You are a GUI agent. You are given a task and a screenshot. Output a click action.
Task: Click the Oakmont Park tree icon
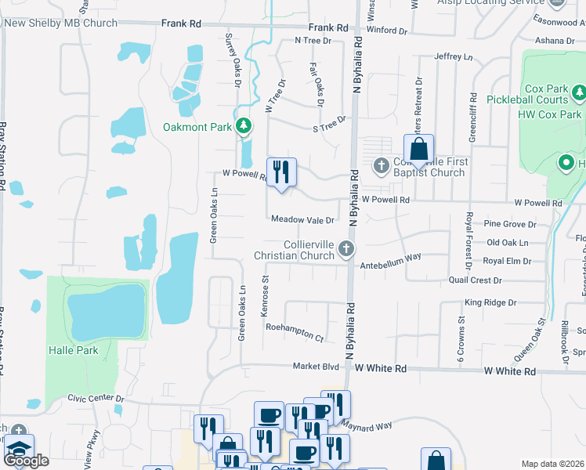coord(244,126)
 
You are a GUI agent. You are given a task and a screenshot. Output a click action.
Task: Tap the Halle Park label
coord(74,350)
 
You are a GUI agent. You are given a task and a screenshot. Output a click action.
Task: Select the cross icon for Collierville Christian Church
coord(346,250)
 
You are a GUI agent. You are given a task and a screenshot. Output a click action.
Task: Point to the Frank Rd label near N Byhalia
coord(328,27)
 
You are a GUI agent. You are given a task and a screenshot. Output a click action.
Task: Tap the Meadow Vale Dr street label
coord(303,220)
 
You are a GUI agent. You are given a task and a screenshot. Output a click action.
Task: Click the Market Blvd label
coord(316,366)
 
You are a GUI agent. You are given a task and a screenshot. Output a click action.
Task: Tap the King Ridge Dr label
coord(490,302)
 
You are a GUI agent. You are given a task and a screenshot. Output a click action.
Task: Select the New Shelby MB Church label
coord(61,23)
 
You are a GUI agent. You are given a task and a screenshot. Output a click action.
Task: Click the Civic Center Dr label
coord(96,398)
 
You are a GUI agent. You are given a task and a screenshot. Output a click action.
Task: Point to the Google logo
coord(26,461)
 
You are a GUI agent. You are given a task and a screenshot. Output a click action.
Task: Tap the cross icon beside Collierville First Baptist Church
coord(382,165)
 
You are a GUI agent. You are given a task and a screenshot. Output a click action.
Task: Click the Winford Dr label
coord(392,31)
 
